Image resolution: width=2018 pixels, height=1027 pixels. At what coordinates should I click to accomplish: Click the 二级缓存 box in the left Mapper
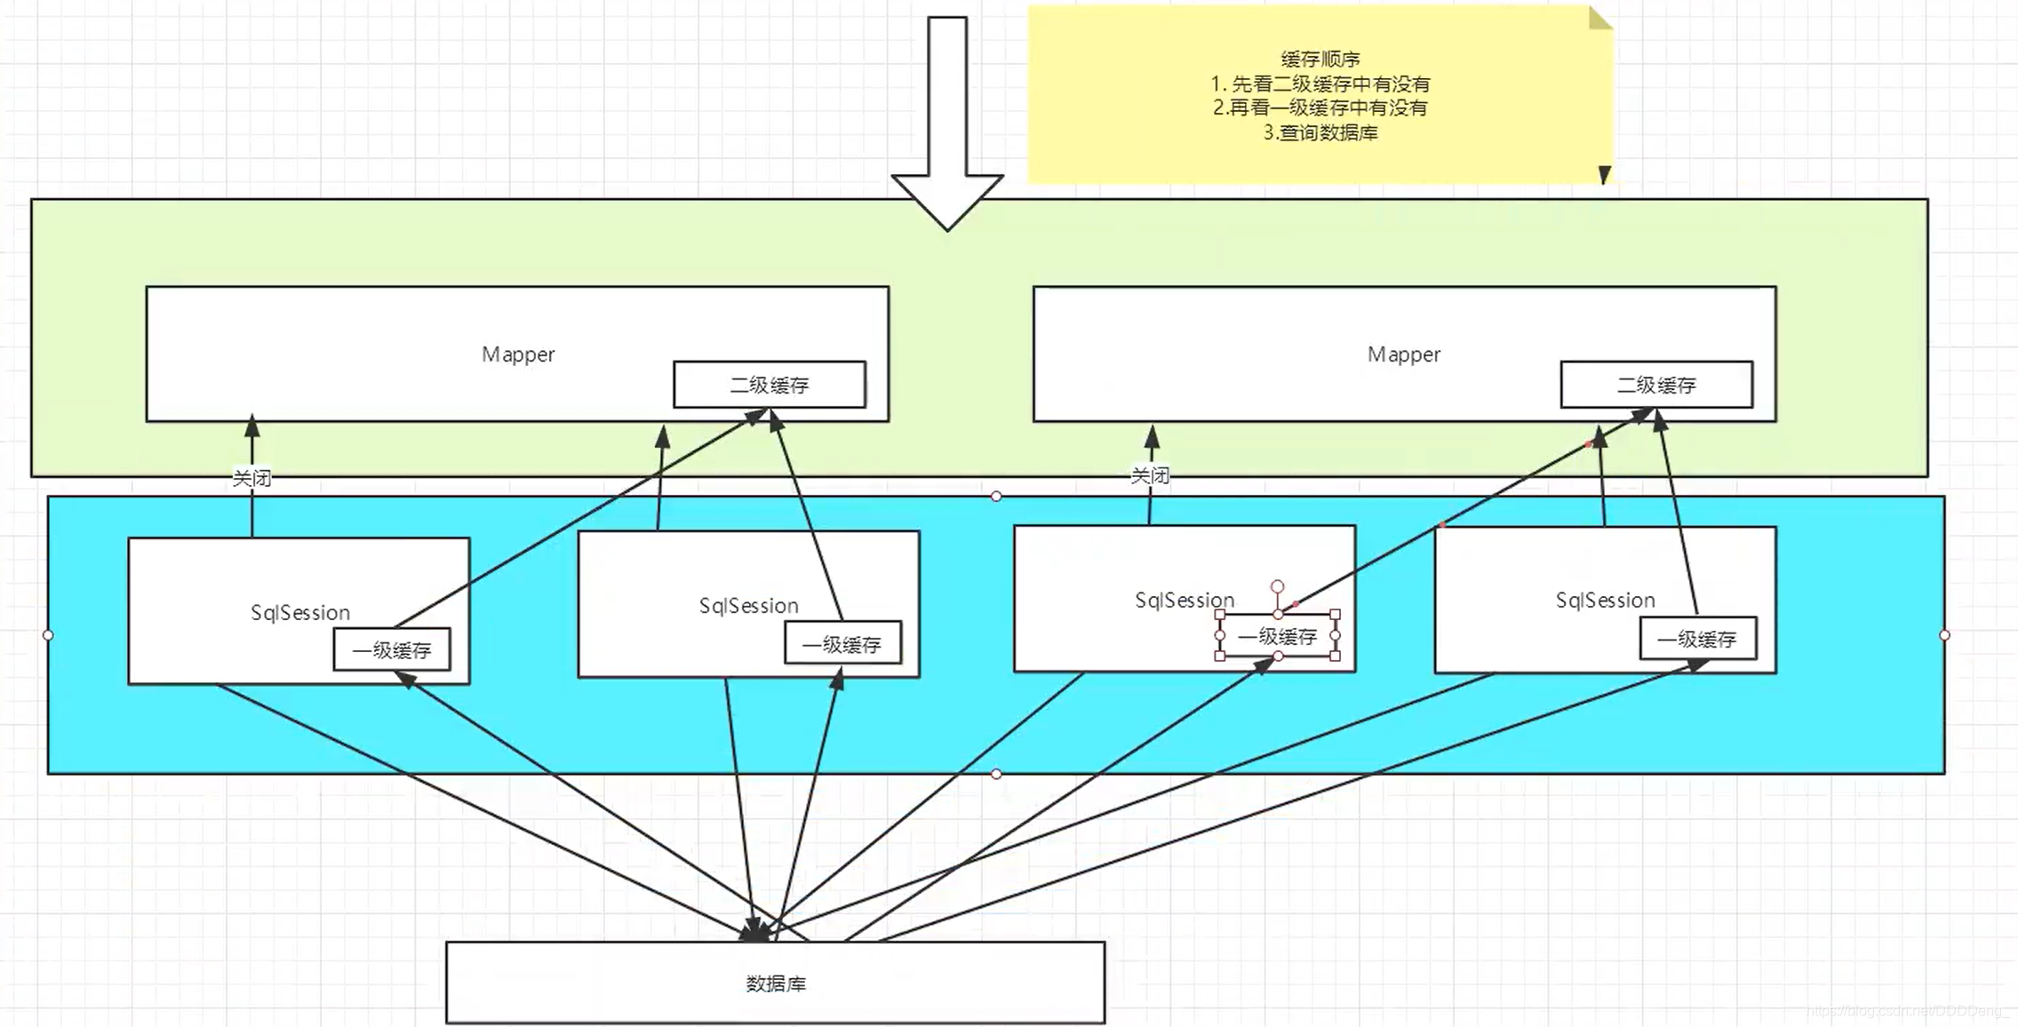770,385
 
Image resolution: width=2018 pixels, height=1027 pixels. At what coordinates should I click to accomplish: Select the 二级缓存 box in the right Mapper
1656,385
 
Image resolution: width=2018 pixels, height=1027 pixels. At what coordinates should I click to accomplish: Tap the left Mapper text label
518,354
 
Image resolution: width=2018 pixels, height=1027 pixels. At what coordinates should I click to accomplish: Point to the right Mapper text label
1404,354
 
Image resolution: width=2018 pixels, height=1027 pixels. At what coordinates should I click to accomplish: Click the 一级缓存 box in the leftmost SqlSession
392,649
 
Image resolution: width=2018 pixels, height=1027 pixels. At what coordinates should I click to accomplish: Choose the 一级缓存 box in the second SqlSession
842,644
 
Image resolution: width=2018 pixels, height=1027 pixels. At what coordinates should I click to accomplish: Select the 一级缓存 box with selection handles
1278,636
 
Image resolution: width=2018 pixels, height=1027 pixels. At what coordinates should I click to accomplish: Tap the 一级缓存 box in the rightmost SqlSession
1697,639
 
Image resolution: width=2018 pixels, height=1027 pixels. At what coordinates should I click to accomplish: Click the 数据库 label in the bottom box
776,983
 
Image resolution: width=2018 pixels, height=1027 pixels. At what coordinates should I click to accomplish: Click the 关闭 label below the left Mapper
251,478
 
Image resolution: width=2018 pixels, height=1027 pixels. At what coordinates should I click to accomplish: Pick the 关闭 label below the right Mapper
1150,475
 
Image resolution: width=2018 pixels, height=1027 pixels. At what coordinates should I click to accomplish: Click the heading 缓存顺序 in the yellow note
1320,60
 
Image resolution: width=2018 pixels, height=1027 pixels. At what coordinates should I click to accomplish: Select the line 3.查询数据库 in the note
1320,132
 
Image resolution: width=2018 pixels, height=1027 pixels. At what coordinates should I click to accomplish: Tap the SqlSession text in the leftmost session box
300,612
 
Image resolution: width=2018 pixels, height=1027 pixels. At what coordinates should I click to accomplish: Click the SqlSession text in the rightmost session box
1605,600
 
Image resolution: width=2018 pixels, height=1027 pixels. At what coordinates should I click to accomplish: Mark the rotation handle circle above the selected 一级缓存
1277,586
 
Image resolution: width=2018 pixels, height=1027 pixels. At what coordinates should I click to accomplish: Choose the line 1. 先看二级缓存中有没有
1320,84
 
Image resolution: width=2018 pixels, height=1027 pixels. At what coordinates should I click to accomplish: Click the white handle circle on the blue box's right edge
1944,635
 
